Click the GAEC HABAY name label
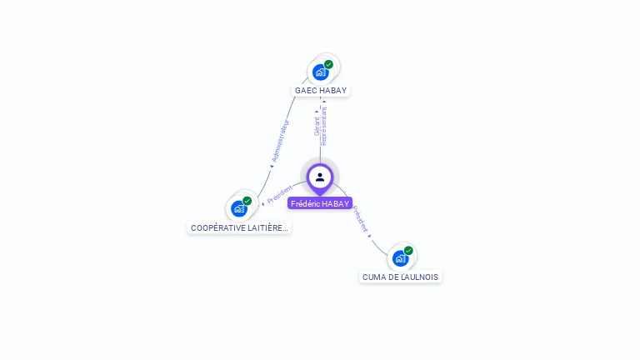(321, 90)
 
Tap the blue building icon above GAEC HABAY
(320, 72)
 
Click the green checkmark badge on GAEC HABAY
(328, 64)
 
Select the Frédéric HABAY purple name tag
(320, 203)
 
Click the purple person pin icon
(320, 177)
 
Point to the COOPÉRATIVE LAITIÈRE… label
(239, 227)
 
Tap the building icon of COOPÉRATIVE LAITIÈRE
(239, 208)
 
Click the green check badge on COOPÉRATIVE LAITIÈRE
(247, 201)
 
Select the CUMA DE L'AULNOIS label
(400, 277)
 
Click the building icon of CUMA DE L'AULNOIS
(400, 258)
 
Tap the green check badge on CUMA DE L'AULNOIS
(408, 251)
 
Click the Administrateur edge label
(280, 141)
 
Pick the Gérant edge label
(317, 126)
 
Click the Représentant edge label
(324, 126)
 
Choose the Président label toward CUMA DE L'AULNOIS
(359, 218)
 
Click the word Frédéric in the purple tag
(305, 203)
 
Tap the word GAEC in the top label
(305, 90)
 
